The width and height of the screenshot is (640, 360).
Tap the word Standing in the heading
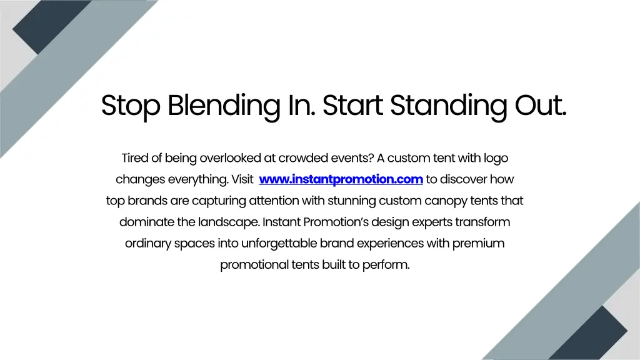[x=448, y=106]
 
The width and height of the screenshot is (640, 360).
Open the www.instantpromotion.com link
[x=341, y=179]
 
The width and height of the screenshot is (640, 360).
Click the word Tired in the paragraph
[x=135, y=158]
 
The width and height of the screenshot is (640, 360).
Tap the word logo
[x=496, y=158]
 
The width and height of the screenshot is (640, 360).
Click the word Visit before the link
[x=242, y=179]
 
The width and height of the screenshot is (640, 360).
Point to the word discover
[x=464, y=179]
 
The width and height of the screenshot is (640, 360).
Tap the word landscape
[x=229, y=222]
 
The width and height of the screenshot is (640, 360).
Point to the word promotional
[x=254, y=264]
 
